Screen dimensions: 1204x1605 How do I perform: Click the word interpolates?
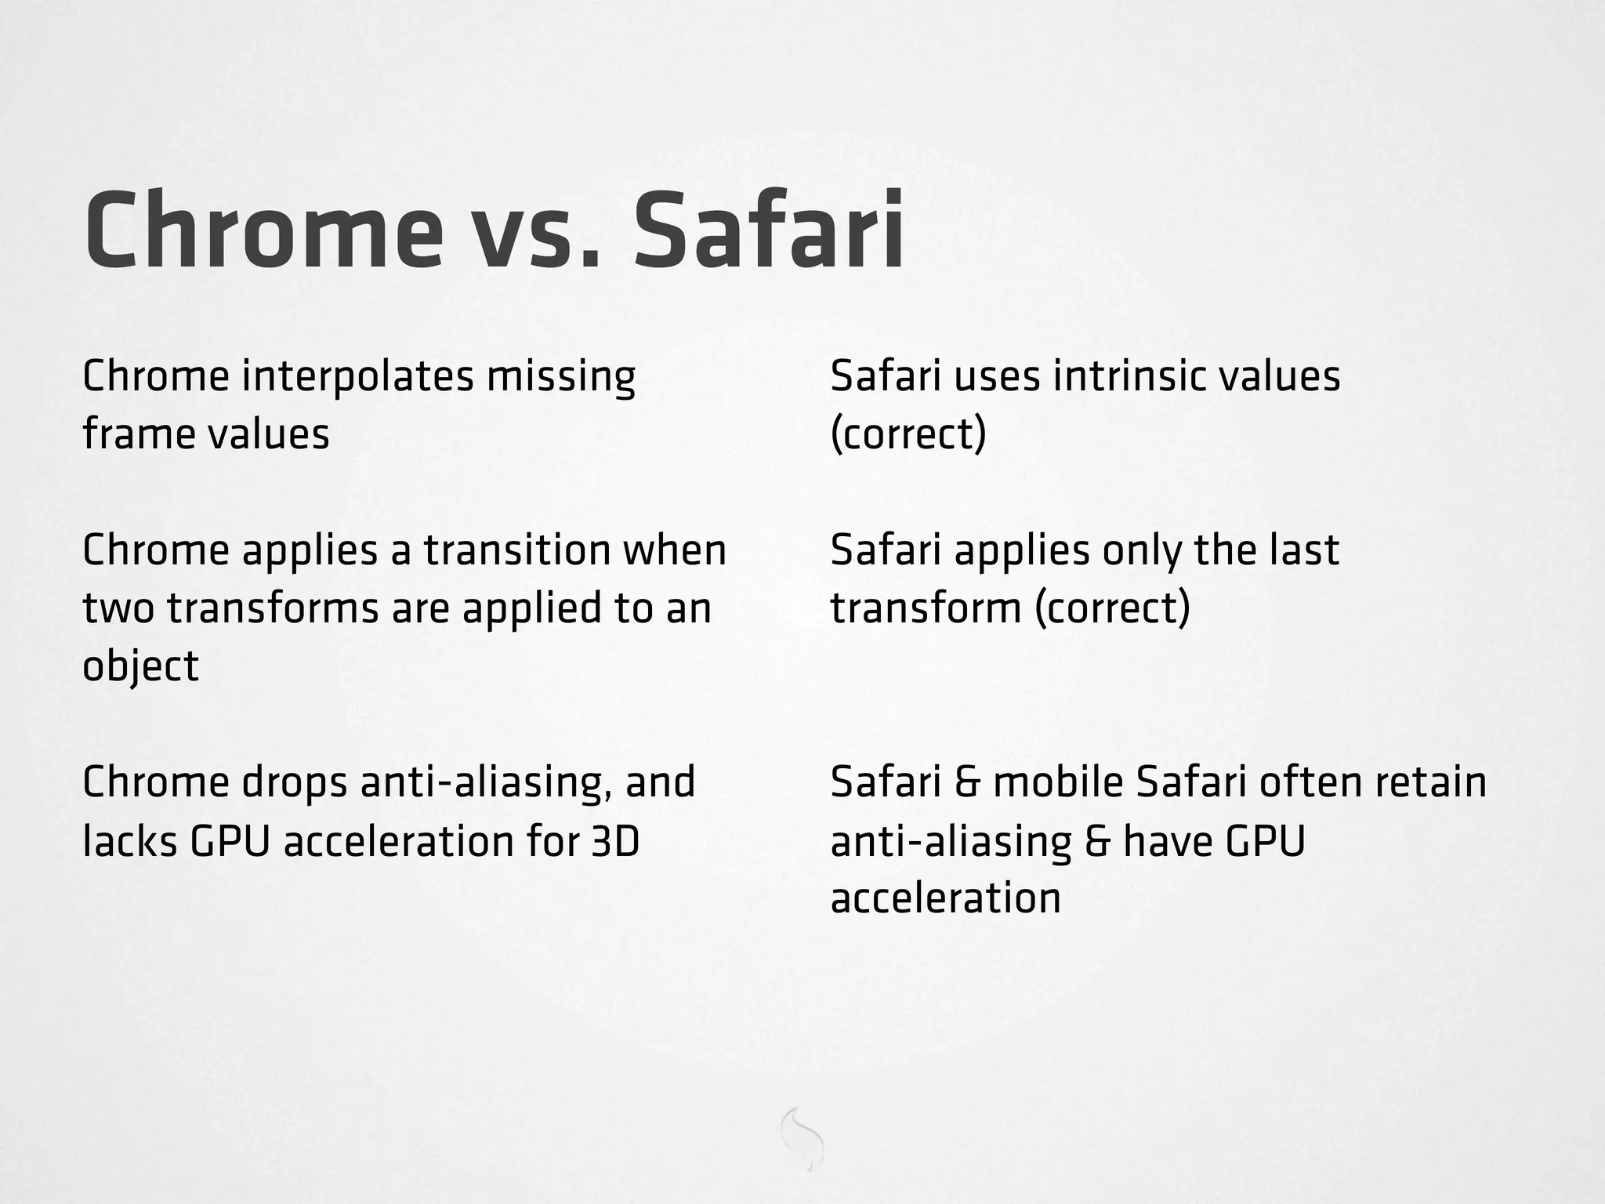coord(357,377)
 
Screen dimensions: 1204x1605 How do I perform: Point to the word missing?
coord(560,377)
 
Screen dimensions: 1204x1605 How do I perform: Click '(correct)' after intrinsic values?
coord(908,434)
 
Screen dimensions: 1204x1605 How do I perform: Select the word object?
coord(140,667)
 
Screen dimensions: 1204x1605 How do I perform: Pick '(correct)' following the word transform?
coord(1112,608)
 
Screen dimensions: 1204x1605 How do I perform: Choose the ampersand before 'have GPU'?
coord(1097,841)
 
